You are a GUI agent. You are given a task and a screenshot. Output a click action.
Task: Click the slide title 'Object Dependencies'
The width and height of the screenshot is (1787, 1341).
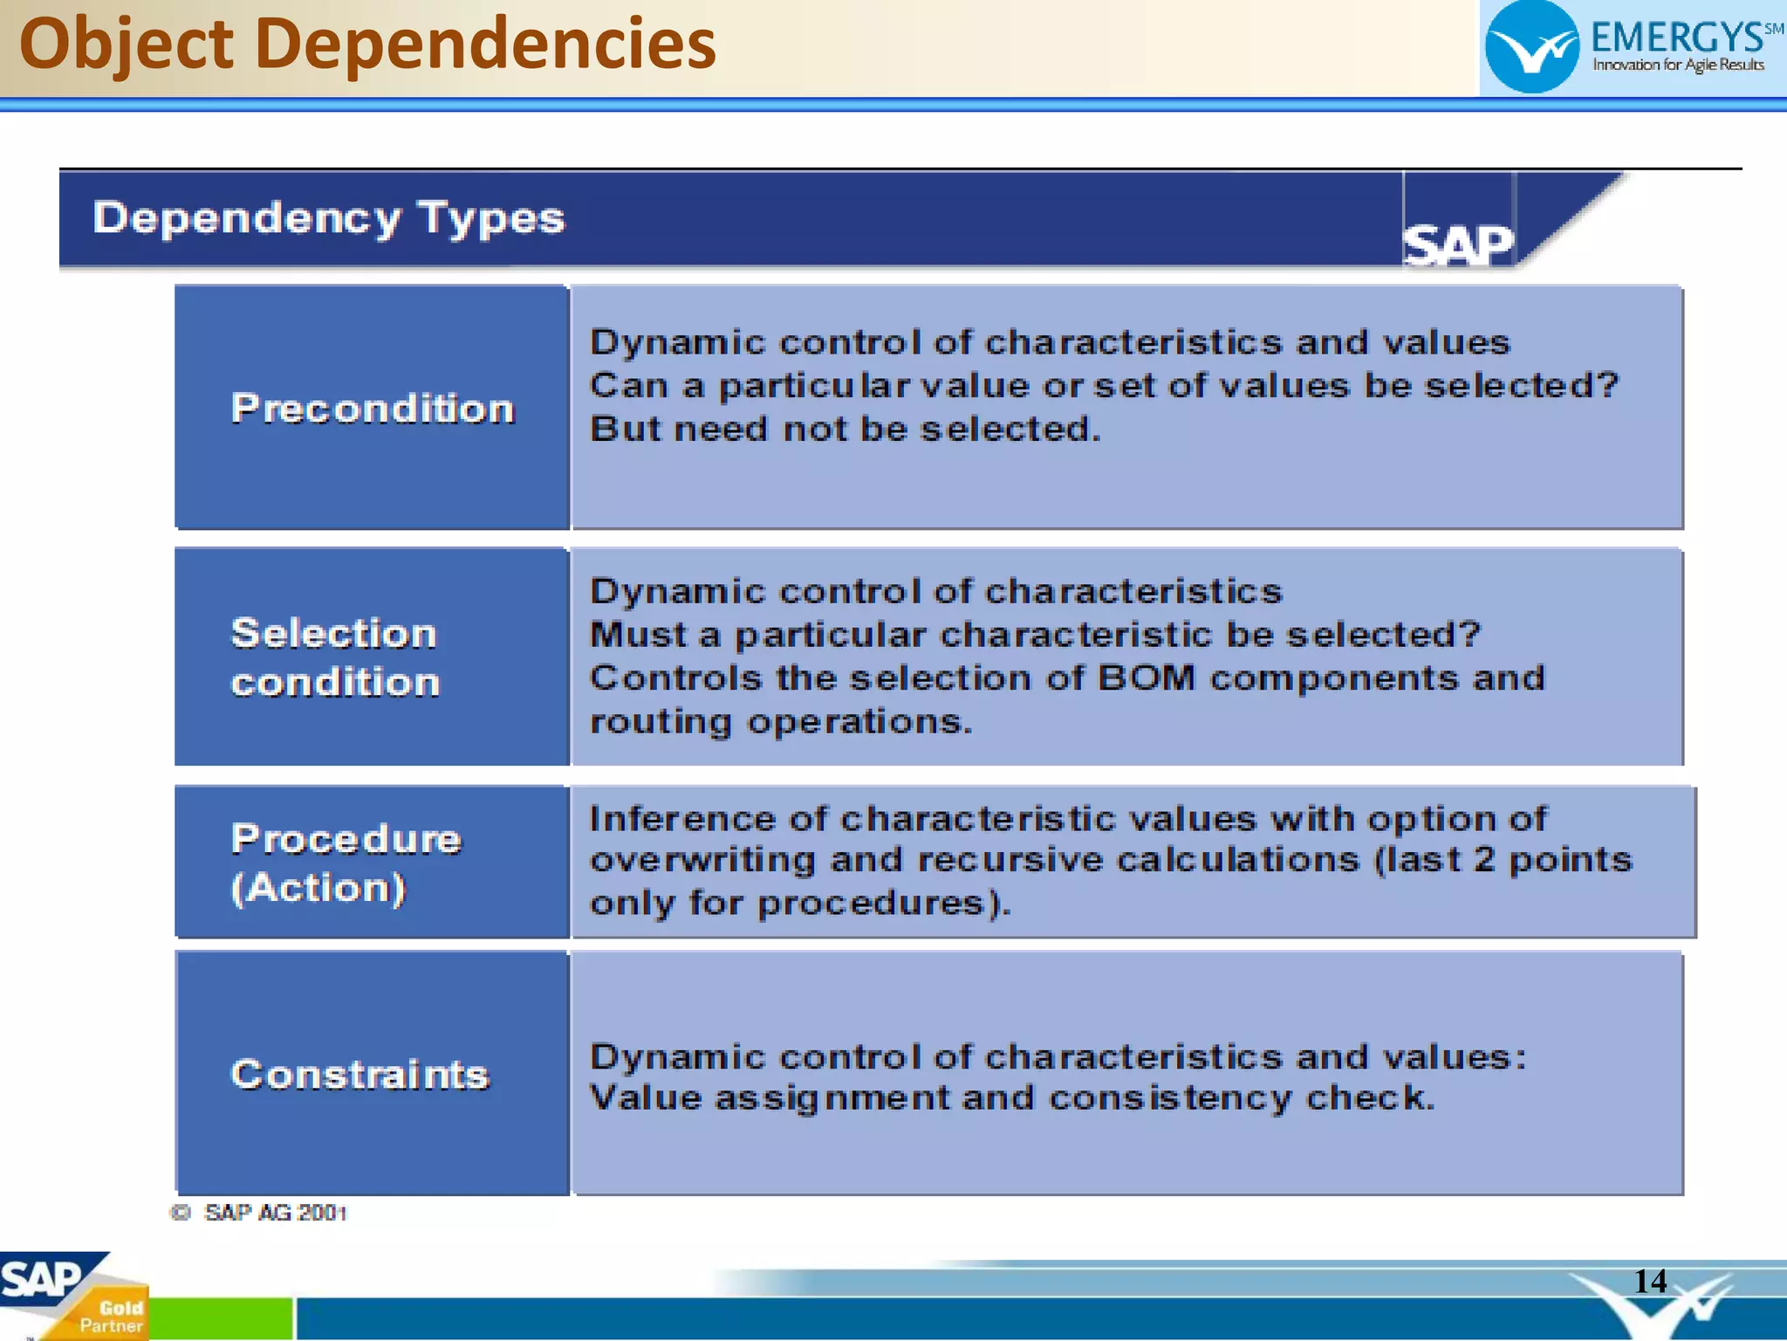pyautogui.click(x=367, y=45)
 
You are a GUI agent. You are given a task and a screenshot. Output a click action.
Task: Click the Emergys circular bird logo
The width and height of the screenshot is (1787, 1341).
pyautogui.click(x=1531, y=48)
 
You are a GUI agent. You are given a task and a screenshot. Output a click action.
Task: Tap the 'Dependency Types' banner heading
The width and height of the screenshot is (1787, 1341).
pyautogui.click(x=329, y=218)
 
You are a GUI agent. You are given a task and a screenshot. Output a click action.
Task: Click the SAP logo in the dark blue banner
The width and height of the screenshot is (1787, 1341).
pyautogui.click(x=1457, y=244)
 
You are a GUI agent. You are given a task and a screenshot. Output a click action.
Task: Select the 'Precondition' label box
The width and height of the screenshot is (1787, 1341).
pyautogui.click(x=373, y=409)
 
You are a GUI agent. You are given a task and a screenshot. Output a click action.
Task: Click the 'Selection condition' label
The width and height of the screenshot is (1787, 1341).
pyautogui.click(x=335, y=657)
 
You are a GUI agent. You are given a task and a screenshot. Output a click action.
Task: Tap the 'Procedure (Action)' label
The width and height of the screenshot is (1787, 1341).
pyautogui.click(x=346, y=863)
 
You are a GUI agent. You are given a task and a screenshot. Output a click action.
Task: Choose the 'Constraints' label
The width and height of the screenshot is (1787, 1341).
pyautogui.click(x=359, y=1074)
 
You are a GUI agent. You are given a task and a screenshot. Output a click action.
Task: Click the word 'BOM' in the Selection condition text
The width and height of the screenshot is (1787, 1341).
pyautogui.click(x=1146, y=677)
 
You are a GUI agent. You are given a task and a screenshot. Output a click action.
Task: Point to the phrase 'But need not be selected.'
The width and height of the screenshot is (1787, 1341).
pyautogui.click(x=845, y=430)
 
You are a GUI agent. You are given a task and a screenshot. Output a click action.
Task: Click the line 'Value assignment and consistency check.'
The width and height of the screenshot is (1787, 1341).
pyautogui.click(x=1012, y=1098)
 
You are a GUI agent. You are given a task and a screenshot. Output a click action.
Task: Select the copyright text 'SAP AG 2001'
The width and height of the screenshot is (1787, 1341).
pyautogui.click(x=275, y=1213)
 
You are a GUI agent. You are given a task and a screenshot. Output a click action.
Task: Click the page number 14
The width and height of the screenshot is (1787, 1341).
pyautogui.click(x=1650, y=1281)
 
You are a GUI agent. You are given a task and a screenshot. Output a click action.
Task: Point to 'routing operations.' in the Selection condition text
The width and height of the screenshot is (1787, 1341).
pyautogui.click(x=780, y=722)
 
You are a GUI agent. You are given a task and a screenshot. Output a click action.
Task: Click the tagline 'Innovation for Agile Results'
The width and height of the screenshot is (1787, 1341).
pyautogui.click(x=1678, y=65)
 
